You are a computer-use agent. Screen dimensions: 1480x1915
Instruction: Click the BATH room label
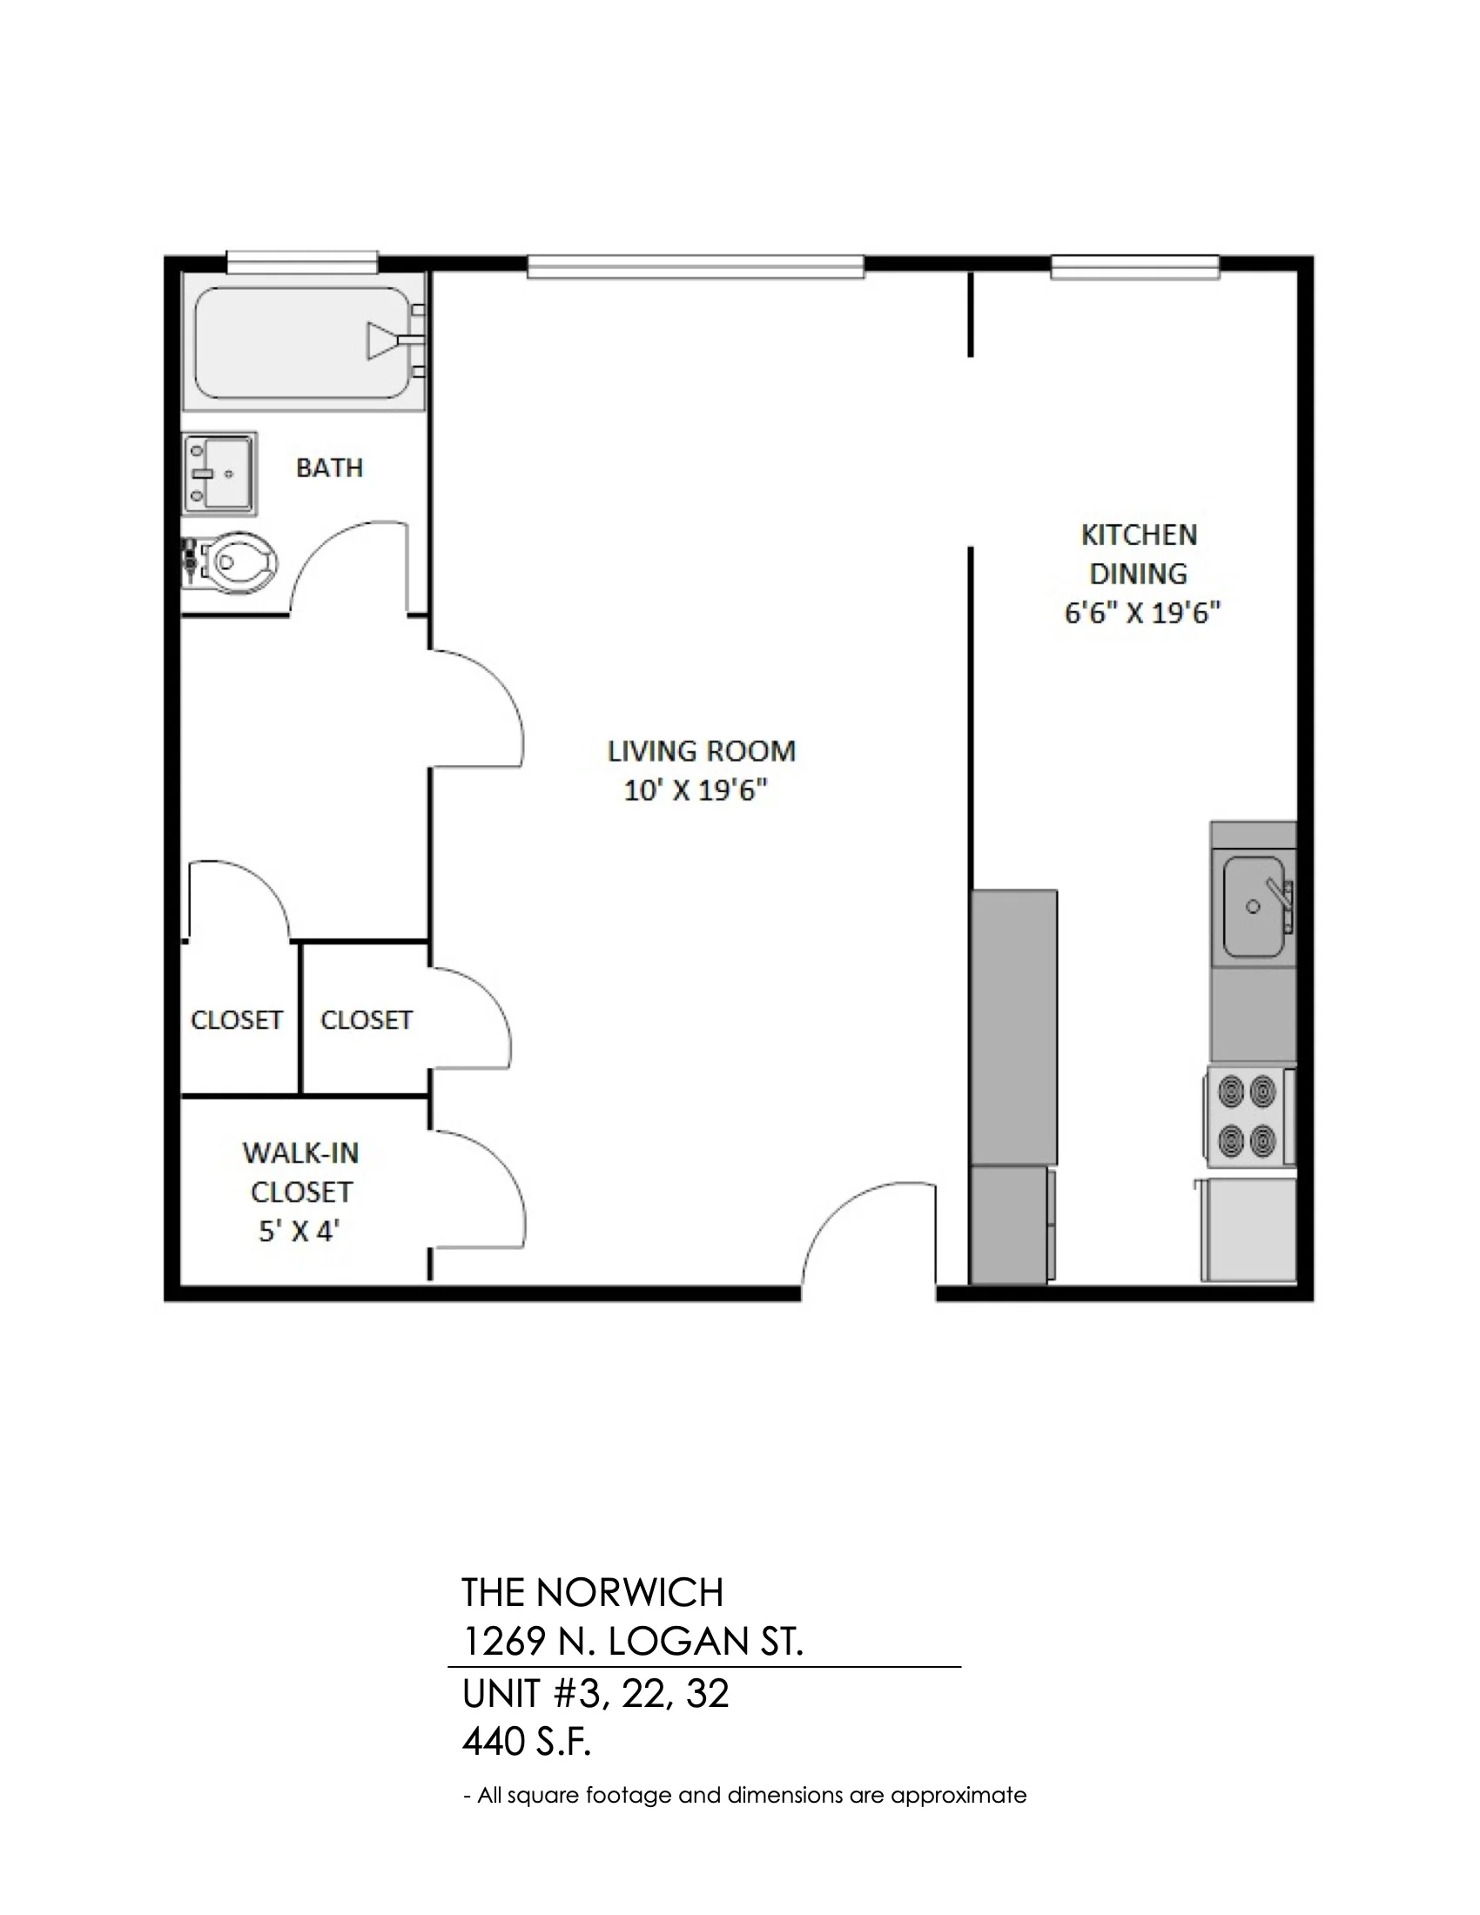pyautogui.click(x=330, y=468)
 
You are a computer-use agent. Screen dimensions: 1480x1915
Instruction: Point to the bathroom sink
pyautogui.click(x=219, y=474)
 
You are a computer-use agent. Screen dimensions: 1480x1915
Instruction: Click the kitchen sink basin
pyautogui.click(x=1254, y=907)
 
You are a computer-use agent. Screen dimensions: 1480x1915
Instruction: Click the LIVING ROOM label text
pyautogui.click(x=702, y=751)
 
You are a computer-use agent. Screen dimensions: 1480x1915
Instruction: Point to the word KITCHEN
pyautogui.click(x=1138, y=534)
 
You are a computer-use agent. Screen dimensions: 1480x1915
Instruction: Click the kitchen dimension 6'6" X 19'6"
pyautogui.click(x=1142, y=613)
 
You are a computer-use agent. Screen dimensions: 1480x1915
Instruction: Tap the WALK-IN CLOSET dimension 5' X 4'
pyautogui.click(x=299, y=1231)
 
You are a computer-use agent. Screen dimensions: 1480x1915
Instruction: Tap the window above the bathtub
pyautogui.click(x=302, y=261)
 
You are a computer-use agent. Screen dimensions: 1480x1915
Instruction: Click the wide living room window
pyautogui.click(x=696, y=266)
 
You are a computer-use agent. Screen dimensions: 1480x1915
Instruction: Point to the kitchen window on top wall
pyautogui.click(x=1135, y=266)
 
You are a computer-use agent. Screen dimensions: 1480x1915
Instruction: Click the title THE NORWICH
pyautogui.click(x=593, y=1593)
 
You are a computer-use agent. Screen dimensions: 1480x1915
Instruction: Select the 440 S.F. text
pyautogui.click(x=526, y=1744)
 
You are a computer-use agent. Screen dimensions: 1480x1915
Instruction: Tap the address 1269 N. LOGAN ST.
pyautogui.click(x=632, y=1643)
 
